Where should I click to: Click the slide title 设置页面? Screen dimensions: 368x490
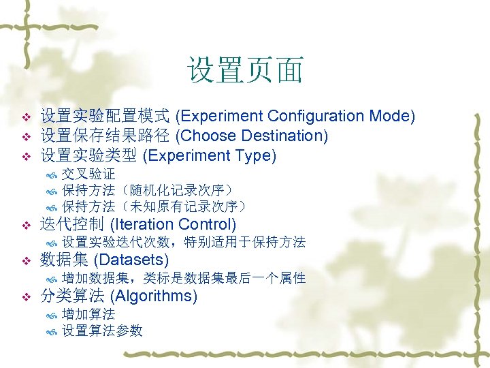pyautogui.click(x=245, y=71)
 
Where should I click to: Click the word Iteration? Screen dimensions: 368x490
pyautogui.click(x=144, y=224)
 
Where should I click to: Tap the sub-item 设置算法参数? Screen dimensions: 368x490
pyautogui.click(x=102, y=331)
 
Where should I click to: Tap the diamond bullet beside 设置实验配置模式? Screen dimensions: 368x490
pyautogui.click(x=26, y=117)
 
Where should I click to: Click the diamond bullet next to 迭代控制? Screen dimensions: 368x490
pyautogui.click(x=26, y=225)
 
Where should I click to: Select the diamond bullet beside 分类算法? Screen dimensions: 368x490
pyautogui.click(x=26, y=297)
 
